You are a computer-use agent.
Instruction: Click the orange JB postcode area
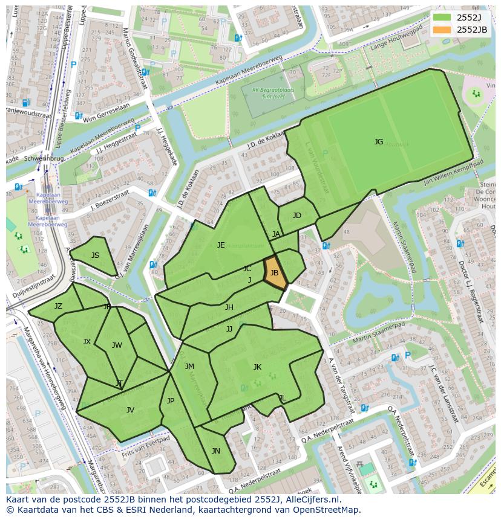(274, 272)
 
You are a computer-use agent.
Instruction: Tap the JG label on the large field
(379, 142)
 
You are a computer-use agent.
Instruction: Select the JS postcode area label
(95, 255)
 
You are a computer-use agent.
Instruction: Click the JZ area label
(58, 306)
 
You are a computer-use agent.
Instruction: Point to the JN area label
(216, 451)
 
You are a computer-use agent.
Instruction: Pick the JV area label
(130, 410)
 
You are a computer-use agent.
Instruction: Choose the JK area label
(257, 367)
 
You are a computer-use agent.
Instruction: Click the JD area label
(296, 216)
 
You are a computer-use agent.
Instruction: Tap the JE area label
(221, 245)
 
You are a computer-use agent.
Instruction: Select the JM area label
(189, 367)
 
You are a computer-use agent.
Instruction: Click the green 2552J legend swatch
(442, 17)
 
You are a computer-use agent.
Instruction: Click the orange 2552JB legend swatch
(442, 29)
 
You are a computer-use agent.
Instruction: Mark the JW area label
(117, 345)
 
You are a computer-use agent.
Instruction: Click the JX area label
(87, 342)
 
